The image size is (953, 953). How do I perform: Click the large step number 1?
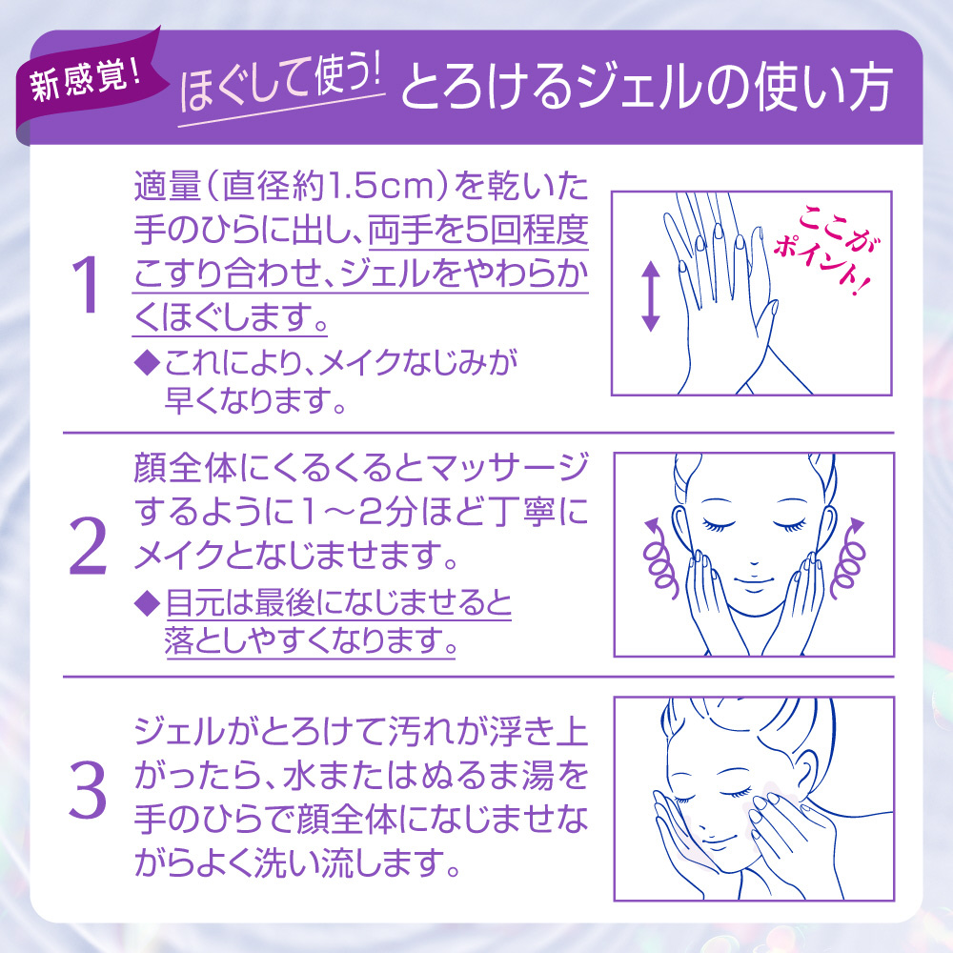(85, 284)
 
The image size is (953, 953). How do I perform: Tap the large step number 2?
(88, 545)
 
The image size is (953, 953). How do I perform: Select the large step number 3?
(88, 789)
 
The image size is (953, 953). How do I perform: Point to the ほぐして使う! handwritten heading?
(280, 87)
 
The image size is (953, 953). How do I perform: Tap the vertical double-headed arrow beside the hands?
(650, 296)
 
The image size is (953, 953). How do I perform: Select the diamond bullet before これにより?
(147, 362)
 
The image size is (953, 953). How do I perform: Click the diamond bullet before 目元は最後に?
(147, 603)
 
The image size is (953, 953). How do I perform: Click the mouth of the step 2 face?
(754, 585)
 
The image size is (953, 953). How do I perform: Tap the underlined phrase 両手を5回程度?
(478, 231)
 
